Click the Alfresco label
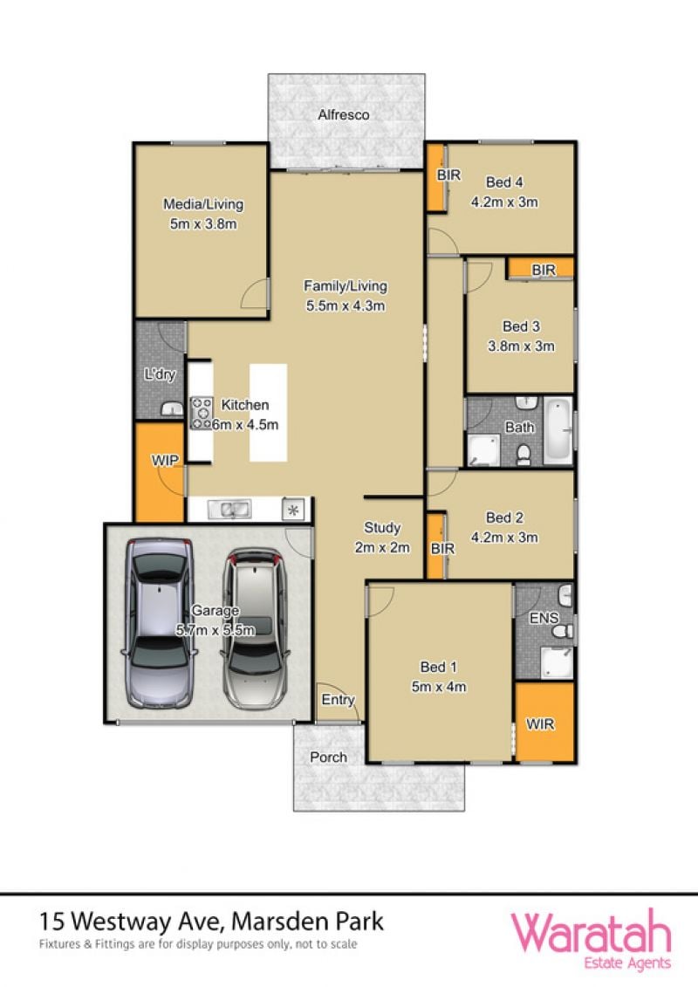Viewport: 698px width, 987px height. tap(343, 114)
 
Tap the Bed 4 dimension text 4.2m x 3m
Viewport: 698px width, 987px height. tap(504, 202)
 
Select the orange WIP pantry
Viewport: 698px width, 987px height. tap(160, 472)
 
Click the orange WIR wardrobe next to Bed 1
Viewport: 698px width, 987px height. tap(544, 722)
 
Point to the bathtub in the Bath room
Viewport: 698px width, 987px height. tap(558, 430)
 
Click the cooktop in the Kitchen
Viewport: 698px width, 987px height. tap(202, 413)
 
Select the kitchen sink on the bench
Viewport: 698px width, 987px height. tap(229, 509)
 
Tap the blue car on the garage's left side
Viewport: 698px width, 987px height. tap(160, 622)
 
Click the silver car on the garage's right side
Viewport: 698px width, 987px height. tap(254, 627)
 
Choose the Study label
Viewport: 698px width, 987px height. tap(382, 527)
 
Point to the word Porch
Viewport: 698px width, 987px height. tap(328, 757)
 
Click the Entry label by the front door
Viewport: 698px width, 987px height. tap(338, 699)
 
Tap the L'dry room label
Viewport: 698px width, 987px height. tap(160, 374)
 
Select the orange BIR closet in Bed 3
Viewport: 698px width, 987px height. tap(541, 268)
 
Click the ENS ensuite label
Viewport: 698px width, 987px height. tap(544, 618)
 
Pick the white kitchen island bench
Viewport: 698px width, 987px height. tap(268, 412)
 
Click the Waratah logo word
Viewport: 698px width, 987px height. tap(591, 933)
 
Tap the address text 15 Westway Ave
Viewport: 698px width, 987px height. tap(130, 922)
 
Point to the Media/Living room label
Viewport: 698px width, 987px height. tap(203, 204)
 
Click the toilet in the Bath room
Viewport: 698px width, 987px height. tap(523, 453)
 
